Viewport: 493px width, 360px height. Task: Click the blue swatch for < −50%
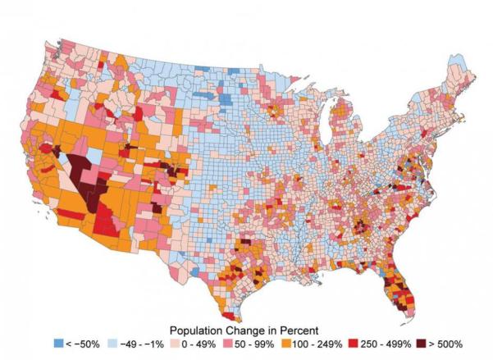pyautogui.click(x=57, y=340)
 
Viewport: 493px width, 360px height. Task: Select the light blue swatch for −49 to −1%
pyautogui.click(x=113, y=340)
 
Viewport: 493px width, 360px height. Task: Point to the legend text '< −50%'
pyautogui.click(x=82, y=340)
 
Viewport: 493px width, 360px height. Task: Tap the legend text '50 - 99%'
pyautogui.click(x=261, y=340)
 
